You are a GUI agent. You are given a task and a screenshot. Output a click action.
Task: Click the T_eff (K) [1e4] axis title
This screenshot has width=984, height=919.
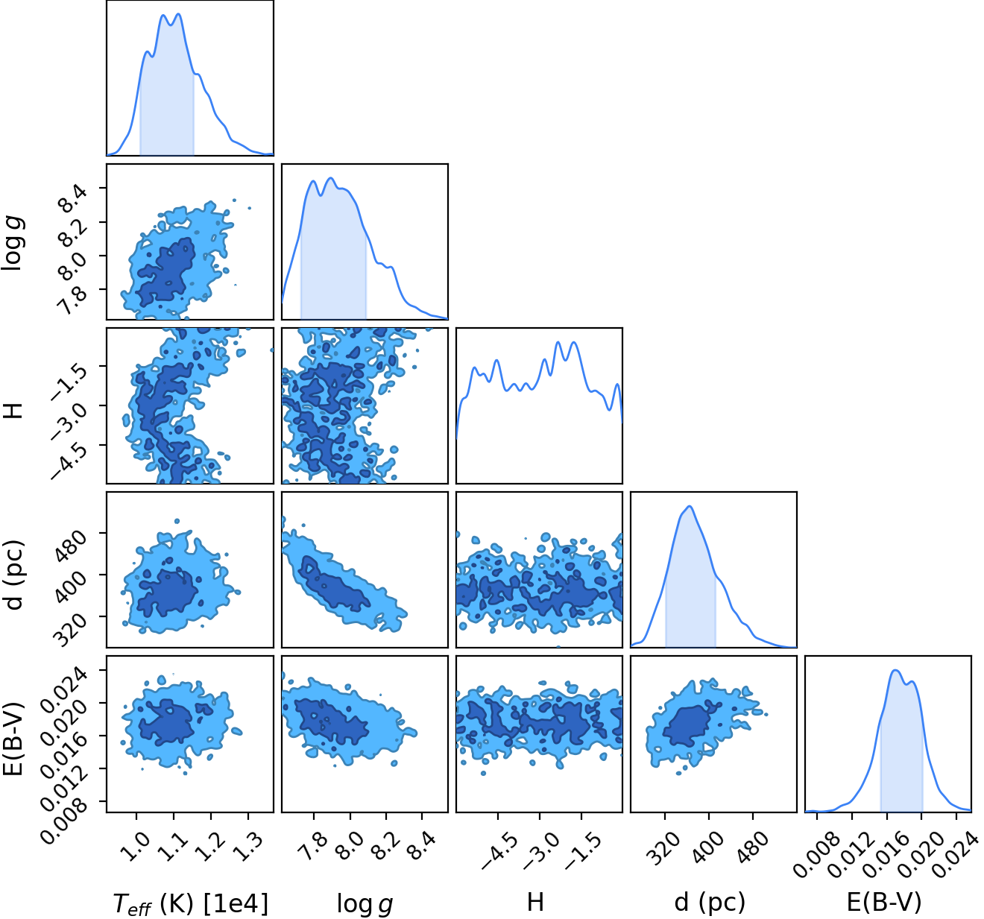pyautogui.click(x=191, y=903)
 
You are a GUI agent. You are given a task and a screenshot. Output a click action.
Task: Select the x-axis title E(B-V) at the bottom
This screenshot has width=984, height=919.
pyautogui.click(x=884, y=902)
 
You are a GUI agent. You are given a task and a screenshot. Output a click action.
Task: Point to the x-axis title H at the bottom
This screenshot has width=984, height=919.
pyautogui.click(x=535, y=902)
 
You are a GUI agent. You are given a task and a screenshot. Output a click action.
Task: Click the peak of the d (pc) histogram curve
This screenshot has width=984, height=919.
pyautogui.click(x=690, y=506)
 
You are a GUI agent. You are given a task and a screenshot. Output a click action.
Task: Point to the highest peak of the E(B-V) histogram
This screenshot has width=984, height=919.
pyautogui.click(x=895, y=670)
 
